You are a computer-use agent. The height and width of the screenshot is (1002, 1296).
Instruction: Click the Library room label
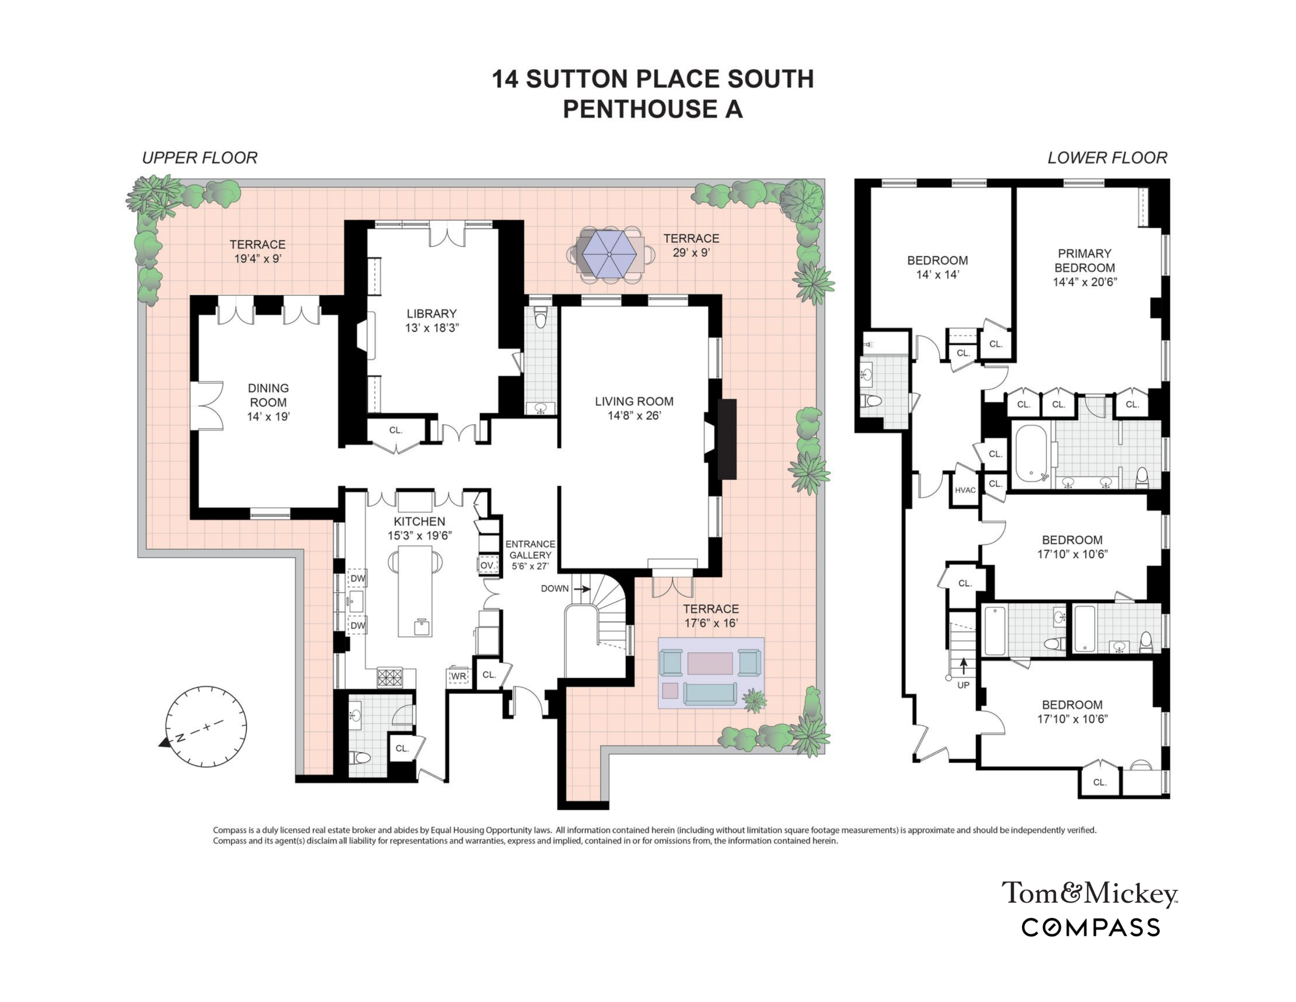[x=431, y=314]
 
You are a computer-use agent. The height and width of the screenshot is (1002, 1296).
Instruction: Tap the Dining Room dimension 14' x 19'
[x=268, y=417]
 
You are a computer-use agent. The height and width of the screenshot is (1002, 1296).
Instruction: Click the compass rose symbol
[x=205, y=726]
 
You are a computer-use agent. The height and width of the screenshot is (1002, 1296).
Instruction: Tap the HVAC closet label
[x=965, y=490]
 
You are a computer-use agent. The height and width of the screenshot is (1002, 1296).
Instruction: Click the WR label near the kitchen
[x=458, y=676]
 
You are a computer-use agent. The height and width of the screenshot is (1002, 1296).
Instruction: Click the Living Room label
[x=634, y=401]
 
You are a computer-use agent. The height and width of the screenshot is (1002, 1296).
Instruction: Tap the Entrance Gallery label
[x=530, y=550]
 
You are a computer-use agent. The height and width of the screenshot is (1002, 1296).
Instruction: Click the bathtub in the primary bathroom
[x=1031, y=454]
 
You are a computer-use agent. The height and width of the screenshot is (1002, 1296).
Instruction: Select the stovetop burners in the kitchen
[x=390, y=677]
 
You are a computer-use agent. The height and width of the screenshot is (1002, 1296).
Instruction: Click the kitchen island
[x=415, y=591]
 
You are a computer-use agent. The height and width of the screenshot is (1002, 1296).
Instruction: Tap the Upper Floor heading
[x=199, y=158]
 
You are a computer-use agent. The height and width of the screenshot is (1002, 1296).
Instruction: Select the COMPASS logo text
[x=1090, y=928]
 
